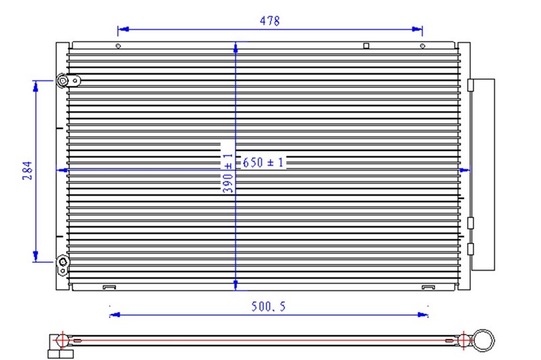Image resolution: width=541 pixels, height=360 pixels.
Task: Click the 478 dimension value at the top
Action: click(x=270, y=21)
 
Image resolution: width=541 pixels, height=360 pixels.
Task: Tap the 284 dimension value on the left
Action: click(x=28, y=170)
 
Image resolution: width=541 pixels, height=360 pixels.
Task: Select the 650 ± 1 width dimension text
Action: click(x=263, y=162)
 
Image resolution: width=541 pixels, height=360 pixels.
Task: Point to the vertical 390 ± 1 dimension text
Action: click(x=228, y=173)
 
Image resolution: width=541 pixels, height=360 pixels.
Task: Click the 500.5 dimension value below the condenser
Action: click(x=268, y=307)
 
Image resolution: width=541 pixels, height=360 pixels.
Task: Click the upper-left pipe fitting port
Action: click(x=63, y=81)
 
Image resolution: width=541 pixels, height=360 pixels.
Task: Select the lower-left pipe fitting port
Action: click(x=63, y=262)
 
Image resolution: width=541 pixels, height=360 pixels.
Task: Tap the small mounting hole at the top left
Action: click(x=118, y=46)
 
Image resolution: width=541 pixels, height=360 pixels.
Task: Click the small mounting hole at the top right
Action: click(x=423, y=46)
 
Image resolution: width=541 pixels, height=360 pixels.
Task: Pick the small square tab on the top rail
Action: click(x=367, y=45)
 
